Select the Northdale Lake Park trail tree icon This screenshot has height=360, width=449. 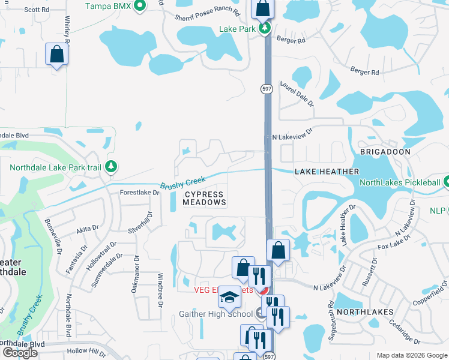tap(110, 166)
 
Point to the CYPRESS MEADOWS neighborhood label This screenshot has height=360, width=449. tap(204, 199)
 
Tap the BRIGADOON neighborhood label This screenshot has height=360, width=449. tap(385, 152)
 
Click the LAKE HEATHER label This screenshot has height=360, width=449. tap(327, 172)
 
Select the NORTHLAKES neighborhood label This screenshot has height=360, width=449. tap(365, 312)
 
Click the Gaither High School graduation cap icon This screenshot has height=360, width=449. tap(229, 296)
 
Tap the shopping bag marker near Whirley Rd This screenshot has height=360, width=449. tap(56, 54)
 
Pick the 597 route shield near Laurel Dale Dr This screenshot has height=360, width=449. tap(267, 89)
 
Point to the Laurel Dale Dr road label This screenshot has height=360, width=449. tap(297, 95)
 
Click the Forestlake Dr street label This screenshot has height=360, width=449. tap(139, 193)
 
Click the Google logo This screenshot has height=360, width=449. tap(20, 352)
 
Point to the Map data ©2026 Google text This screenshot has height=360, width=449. tap(412, 355)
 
